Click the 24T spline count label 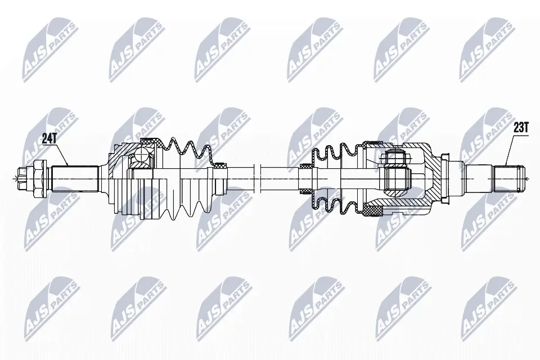(x=49, y=136)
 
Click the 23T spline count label (x=521, y=128)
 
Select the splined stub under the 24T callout (x=76, y=179)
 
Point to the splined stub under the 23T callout (x=510, y=178)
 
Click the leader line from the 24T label (x=61, y=152)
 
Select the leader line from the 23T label (x=509, y=150)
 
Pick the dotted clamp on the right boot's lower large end (x=372, y=211)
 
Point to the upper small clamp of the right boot (x=306, y=166)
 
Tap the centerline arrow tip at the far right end (x=532, y=179)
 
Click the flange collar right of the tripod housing (x=445, y=179)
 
